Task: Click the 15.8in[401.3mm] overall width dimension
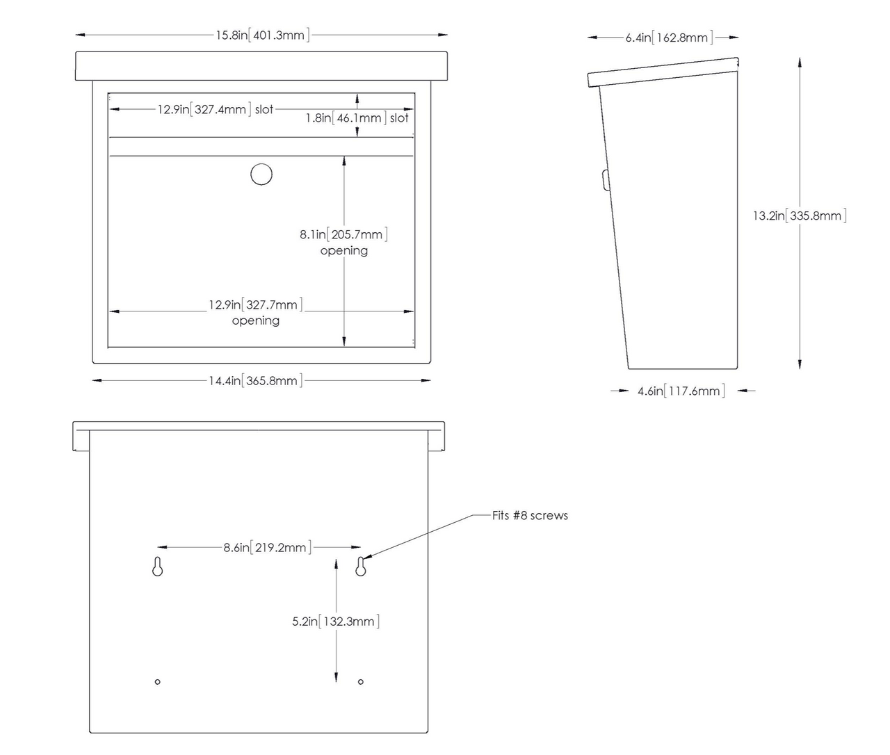click(x=262, y=35)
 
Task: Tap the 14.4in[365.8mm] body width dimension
click(x=255, y=381)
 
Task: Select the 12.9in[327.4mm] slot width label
click(x=216, y=109)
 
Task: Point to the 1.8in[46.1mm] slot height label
click(x=357, y=118)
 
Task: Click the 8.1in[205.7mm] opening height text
click(x=343, y=234)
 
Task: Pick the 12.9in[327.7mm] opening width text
click(x=255, y=305)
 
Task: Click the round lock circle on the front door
click(x=261, y=174)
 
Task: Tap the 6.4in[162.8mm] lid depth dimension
click(x=669, y=38)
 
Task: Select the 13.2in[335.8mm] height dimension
click(x=799, y=216)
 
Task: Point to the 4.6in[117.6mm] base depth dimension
click(x=681, y=391)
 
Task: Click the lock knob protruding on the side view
click(x=606, y=180)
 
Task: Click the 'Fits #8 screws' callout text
click(x=530, y=516)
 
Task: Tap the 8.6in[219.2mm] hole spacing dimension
click(x=267, y=548)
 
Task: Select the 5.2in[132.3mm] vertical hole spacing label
click(x=336, y=622)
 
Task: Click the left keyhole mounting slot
click(x=158, y=566)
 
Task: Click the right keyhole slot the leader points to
click(x=361, y=566)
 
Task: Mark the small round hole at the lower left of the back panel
click(x=158, y=682)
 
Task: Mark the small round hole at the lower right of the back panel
click(x=361, y=682)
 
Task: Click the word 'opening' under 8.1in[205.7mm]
click(x=344, y=251)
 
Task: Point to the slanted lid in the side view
click(x=663, y=72)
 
